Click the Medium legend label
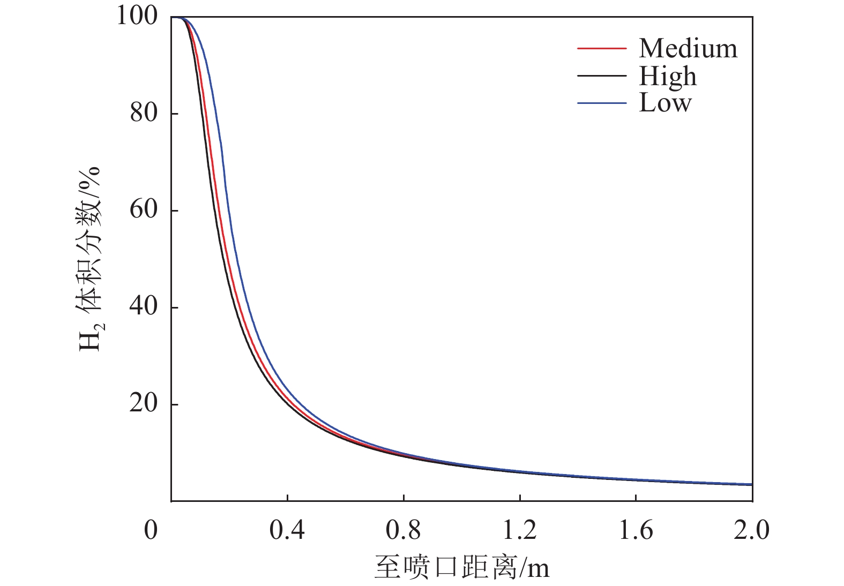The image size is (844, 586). pos(688,49)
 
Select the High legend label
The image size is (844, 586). pos(668,76)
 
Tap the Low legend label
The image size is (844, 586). pos(665,102)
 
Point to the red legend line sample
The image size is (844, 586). pos(601,49)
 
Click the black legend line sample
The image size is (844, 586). pos(601,76)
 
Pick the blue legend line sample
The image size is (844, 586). pos(601,102)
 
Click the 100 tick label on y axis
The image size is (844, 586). pos(137,16)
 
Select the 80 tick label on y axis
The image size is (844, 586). pos(143,113)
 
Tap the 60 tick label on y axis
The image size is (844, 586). pos(143,209)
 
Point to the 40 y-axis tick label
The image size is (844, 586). pos(143,306)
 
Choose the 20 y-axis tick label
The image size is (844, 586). pos(143,403)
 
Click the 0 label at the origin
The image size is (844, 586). pos(151,530)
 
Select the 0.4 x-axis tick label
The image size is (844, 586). pos(287,530)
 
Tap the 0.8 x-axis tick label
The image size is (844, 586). pos(403,530)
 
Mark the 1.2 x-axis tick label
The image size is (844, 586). pos(519,530)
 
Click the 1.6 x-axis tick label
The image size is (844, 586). pos(636,530)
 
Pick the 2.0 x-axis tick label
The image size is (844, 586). pos(751,530)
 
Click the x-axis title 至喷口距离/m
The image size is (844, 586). pos(462,567)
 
